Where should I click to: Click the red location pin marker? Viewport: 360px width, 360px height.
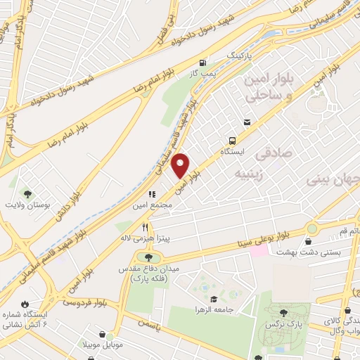[x=181, y=165]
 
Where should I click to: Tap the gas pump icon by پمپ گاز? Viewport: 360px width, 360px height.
[x=203, y=61]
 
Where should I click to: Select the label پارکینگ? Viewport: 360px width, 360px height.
[x=236, y=54]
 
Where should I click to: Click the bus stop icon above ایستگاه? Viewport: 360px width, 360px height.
[x=246, y=122]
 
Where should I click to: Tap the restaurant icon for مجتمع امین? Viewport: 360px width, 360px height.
[x=150, y=193]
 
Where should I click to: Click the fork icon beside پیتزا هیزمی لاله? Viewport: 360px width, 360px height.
[x=146, y=227]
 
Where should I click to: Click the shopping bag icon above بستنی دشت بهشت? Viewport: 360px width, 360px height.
[x=309, y=241]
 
